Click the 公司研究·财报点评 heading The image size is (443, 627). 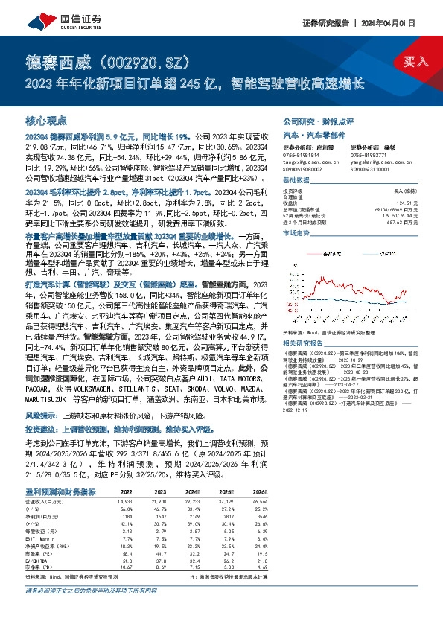pyautogui.click(x=314, y=120)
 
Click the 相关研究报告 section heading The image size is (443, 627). pyautogui.click(x=302, y=322)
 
